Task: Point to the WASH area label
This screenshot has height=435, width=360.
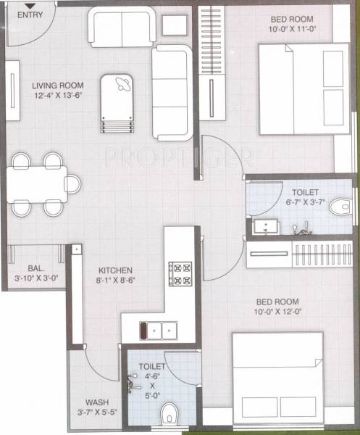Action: (97, 402)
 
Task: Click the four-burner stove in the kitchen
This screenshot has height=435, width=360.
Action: (179, 274)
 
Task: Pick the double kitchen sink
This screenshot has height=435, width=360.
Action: (159, 331)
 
